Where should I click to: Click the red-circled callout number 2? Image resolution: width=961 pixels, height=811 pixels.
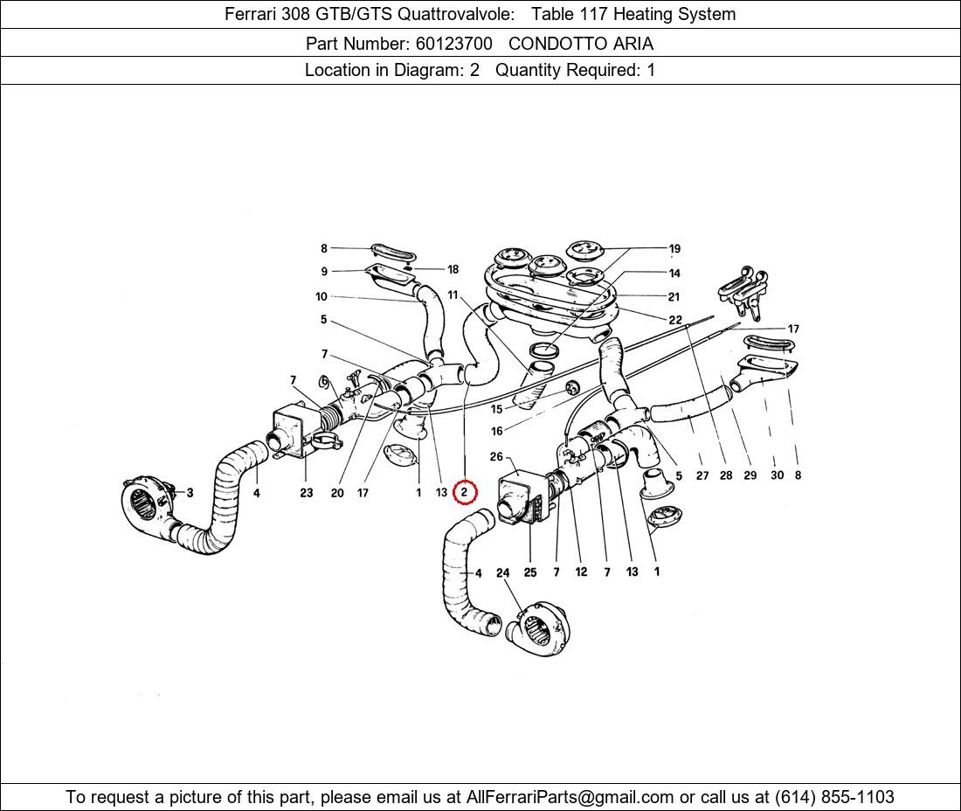(x=464, y=492)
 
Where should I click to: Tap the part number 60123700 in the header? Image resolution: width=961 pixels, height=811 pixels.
(x=453, y=44)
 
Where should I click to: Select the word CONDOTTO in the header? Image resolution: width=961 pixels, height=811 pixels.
(x=546, y=44)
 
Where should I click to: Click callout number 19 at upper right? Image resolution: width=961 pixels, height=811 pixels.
(x=674, y=248)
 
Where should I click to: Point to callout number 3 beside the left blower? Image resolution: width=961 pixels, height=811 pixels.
(x=190, y=492)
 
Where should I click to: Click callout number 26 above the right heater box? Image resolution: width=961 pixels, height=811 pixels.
(x=496, y=456)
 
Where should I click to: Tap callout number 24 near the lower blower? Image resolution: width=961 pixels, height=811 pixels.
(x=502, y=572)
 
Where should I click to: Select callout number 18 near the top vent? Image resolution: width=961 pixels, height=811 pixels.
(x=453, y=269)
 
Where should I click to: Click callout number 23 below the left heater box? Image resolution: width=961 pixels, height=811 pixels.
(x=307, y=492)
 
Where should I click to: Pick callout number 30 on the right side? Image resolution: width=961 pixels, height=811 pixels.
(x=778, y=475)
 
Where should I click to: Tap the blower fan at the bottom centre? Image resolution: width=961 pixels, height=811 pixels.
(x=537, y=628)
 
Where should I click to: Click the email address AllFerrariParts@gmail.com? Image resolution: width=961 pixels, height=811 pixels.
(x=570, y=797)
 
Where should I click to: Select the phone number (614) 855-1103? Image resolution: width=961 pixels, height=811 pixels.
(x=834, y=797)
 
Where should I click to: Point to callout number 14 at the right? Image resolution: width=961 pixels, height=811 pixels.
(x=674, y=273)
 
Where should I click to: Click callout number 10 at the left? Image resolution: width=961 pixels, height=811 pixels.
(x=321, y=296)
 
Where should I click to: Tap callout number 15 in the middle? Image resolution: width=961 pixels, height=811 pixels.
(x=496, y=409)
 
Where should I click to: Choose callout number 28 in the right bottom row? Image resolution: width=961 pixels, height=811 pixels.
(x=726, y=475)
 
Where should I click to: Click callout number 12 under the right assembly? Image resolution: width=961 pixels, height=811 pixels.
(x=581, y=572)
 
